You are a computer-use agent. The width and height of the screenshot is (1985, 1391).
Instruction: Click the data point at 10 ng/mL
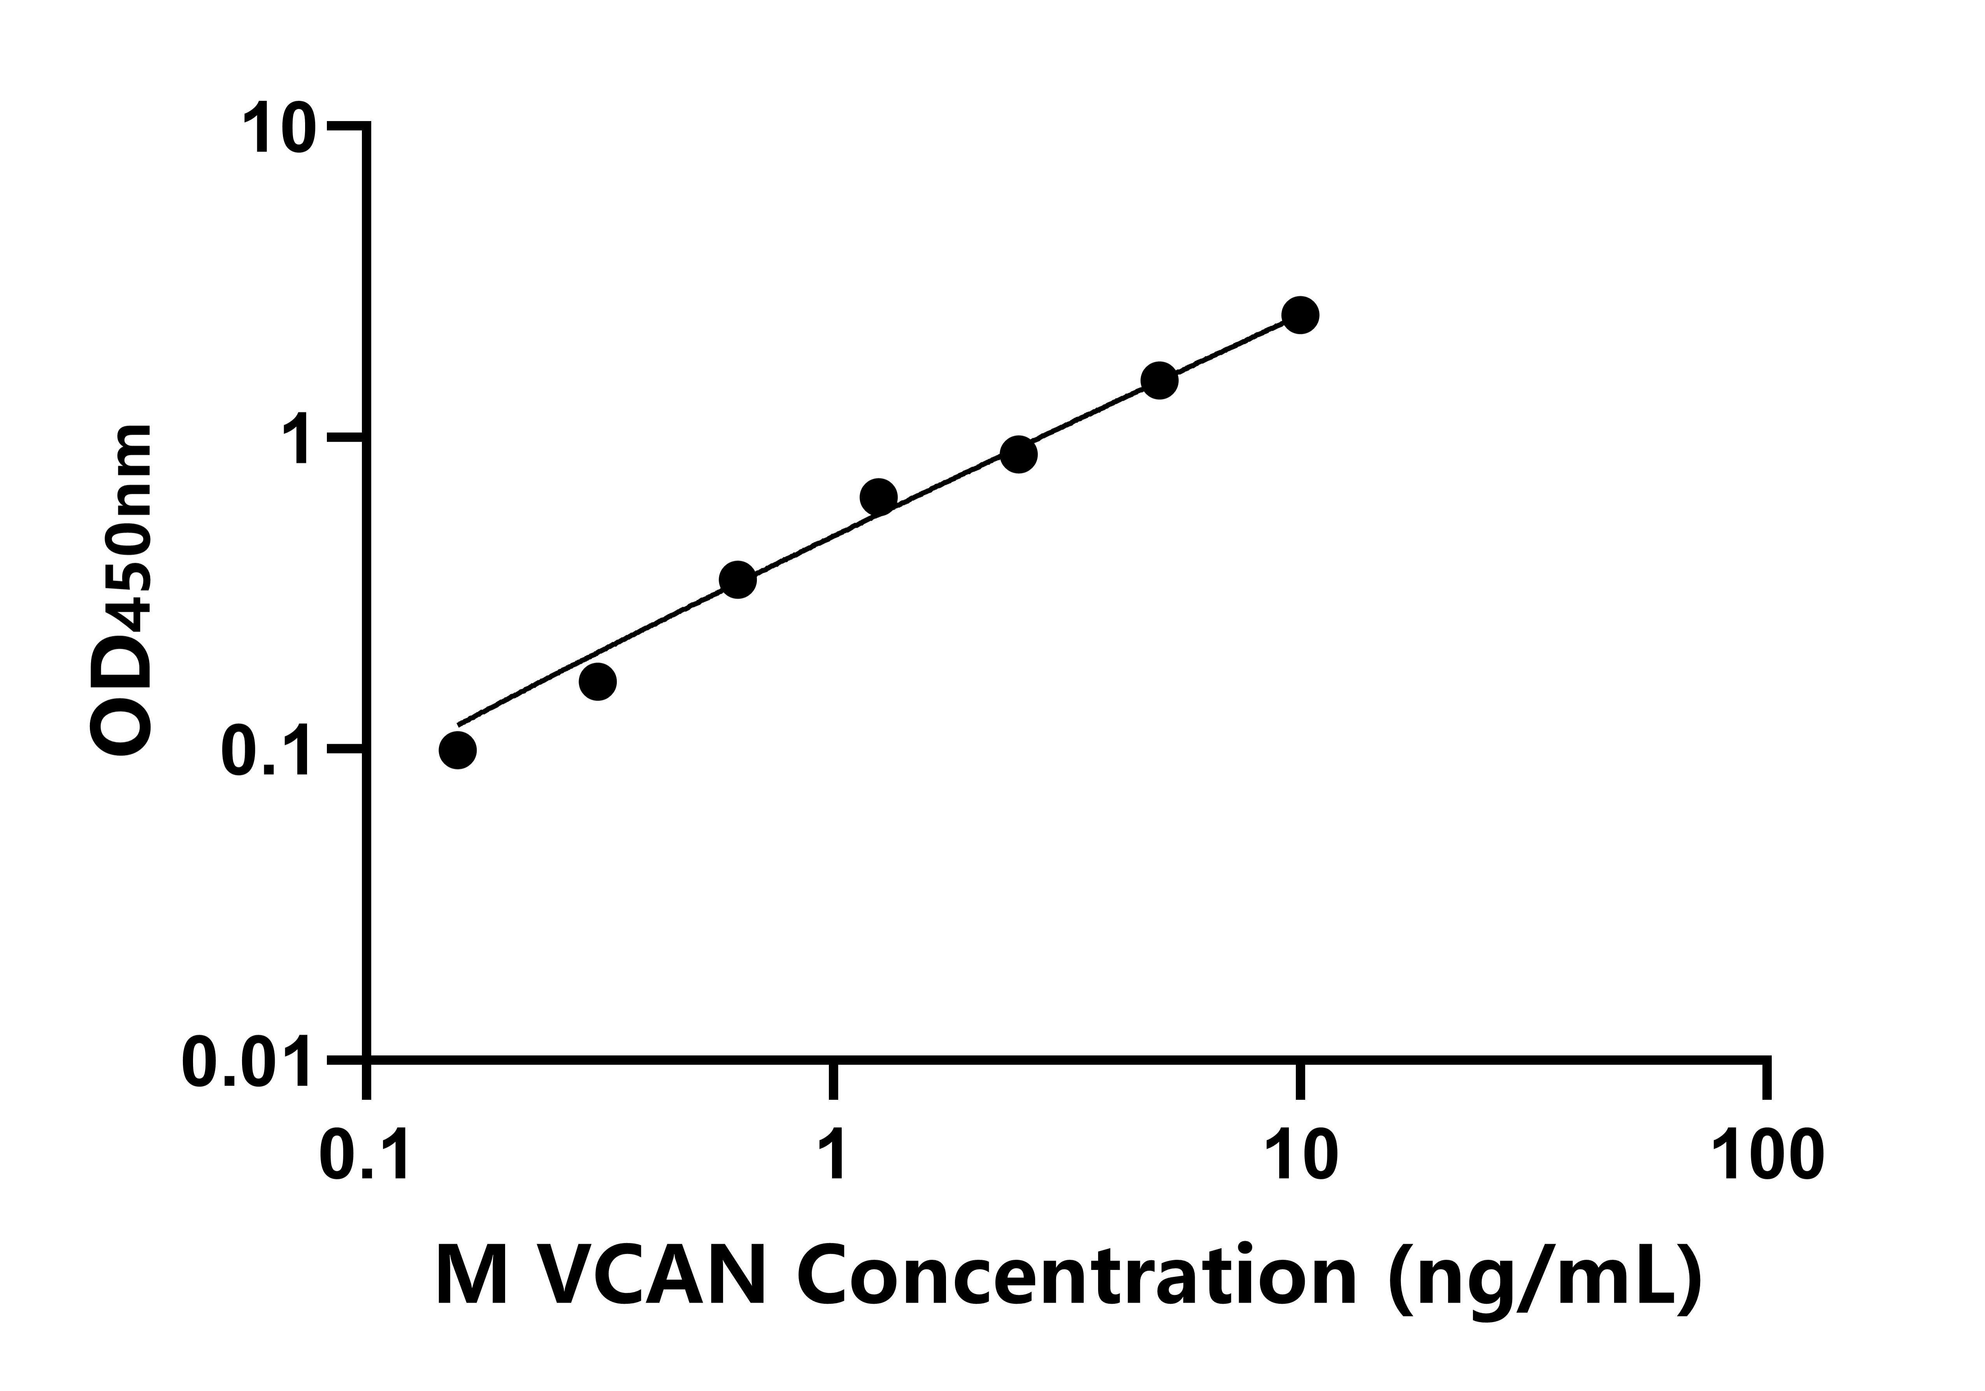coord(1299,315)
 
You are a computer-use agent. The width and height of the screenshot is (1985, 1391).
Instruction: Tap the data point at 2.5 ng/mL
coord(1018,455)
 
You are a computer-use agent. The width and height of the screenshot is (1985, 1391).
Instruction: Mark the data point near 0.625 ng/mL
coord(737,579)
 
